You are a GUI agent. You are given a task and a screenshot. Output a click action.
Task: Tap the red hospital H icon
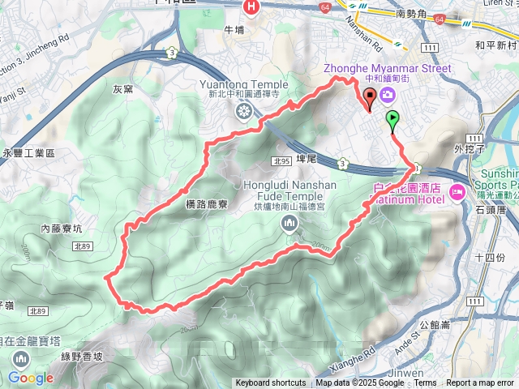pyautogui.click(x=251, y=7)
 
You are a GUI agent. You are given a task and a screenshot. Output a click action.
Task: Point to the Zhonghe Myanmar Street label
pyautogui.click(x=387, y=69)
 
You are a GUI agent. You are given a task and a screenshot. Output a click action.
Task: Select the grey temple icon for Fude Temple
pyautogui.click(x=291, y=231)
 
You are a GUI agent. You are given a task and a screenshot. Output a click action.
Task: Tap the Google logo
pyautogui.click(x=31, y=378)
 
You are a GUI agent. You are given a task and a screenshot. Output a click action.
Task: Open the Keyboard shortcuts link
pyautogui.click(x=271, y=383)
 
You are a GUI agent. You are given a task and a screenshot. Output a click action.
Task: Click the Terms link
pyautogui.click(x=425, y=383)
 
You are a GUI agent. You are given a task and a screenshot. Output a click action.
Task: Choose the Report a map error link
pyautogui.click(x=480, y=383)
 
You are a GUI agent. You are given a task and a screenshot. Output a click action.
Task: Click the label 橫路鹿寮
pyautogui.click(x=206, y=205)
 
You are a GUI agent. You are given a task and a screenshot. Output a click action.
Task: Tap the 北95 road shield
pyautogui.click(x=282, y=162)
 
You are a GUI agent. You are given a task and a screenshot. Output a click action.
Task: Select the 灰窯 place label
pyautogui.click(x=123, y=89)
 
